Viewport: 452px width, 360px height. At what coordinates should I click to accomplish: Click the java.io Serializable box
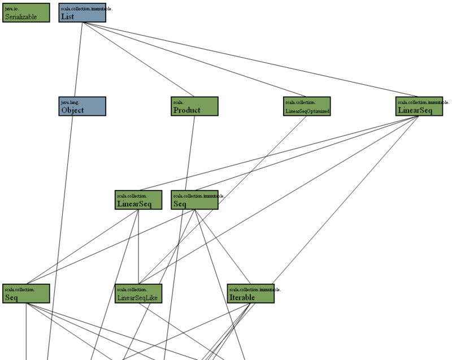tap(26, 12)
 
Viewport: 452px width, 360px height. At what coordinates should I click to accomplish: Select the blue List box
tap(82, 12)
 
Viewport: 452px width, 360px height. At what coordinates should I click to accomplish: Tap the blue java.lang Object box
tap(82, 106)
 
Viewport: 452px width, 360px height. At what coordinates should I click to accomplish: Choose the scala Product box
tap(194, 106)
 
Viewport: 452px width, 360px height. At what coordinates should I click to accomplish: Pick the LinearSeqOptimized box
tap(307, 106)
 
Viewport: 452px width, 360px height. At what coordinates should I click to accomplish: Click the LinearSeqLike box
tap(138, 294)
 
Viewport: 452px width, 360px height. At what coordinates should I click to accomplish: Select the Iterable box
tap(251, 294)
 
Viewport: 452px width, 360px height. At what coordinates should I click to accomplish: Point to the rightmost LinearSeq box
tap(419, 106)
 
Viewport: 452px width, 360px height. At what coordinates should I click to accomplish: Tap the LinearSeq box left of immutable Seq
tap(138, 200)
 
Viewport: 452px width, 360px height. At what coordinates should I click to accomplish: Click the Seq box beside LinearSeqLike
tap(26, 294)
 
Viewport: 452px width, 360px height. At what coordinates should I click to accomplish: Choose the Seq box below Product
tap(194, 200)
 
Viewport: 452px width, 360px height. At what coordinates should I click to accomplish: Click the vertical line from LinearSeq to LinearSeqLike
tap(139, 249)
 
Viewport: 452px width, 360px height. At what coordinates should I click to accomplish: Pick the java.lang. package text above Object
tap(69, 102)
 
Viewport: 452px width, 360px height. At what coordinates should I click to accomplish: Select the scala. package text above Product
tap(178, 102)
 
